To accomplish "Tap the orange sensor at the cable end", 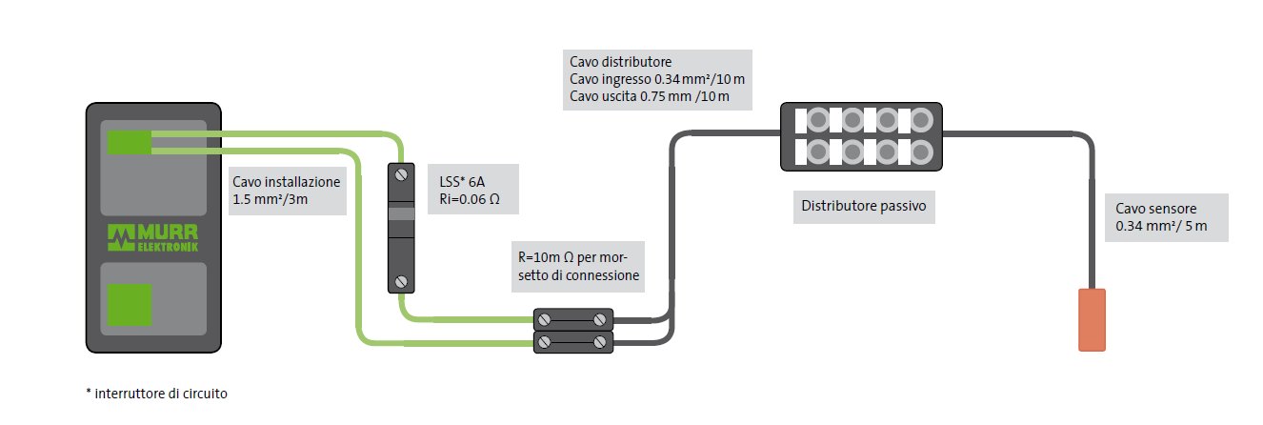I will coord(1092,319).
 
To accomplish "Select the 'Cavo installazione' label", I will coord(285,190).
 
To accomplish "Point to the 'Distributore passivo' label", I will coord(863,205).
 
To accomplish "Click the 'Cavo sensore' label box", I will coord(1167,218).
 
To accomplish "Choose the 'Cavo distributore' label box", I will coord(656,79).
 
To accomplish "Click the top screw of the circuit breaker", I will coord(401,175).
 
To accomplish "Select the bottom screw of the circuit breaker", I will coord(401,281).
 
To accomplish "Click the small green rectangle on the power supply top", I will coord(130,142).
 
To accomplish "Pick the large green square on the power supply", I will coord(130,308).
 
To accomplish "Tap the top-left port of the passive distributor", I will coord(817,121).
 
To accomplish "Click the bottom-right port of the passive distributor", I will coord(920,151).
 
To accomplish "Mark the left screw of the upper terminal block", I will coord(543,320).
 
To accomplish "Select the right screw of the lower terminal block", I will coord(600,341).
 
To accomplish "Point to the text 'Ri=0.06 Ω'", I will coord(469,201).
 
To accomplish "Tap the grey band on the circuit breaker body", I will coord(401,214).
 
